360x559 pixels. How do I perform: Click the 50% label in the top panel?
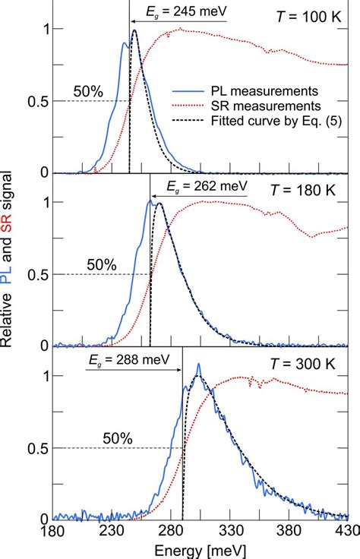[90, 93]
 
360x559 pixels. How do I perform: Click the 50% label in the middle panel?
[101, 265]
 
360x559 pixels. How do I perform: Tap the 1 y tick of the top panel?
[43, 29]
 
